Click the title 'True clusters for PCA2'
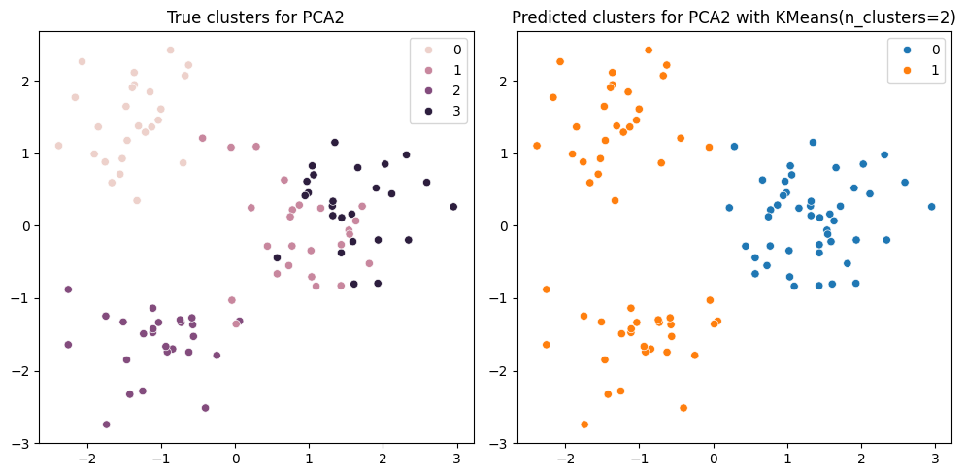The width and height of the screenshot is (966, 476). pos(256,17)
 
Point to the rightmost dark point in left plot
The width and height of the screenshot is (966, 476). pos(453,207)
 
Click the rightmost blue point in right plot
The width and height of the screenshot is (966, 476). pos(931,207)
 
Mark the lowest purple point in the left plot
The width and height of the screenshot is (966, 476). pos(106,425)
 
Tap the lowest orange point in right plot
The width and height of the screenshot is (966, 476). pos(584,425)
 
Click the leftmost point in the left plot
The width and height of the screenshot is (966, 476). pos(58,146)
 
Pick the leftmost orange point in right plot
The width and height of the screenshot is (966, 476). pos(537,146)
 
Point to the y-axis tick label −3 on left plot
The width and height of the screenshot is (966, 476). pos(23,444)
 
